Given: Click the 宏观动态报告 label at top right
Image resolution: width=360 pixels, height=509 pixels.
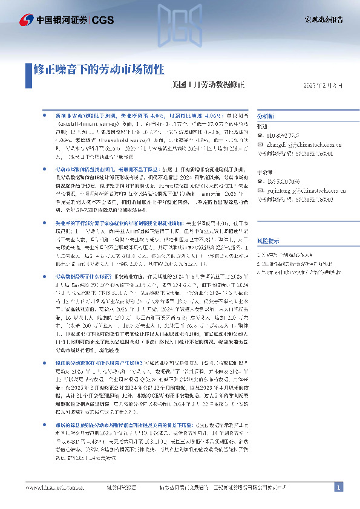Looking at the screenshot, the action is tap(323, 19).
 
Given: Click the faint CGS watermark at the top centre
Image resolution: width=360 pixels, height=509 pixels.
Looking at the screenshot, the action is tap(180, 30).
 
